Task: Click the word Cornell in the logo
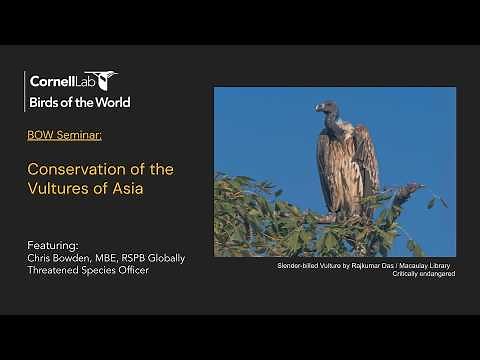pyautogui.click(x=49, y=81)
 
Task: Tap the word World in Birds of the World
pyautogui.click(x=111, y=102)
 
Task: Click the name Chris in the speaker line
pyautogui.click(x=40, y=257)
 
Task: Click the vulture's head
pyautogui.click(x=326, y=107)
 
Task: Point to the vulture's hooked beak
pyautogui.click(x=319, y=109)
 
